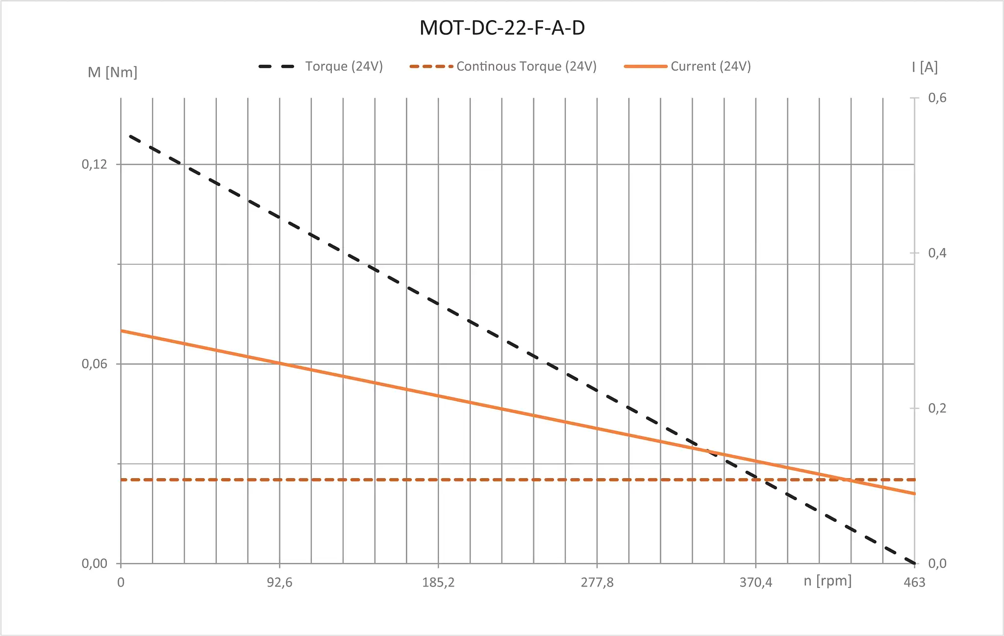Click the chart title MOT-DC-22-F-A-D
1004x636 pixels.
pyautogui.click(x=502, y=28)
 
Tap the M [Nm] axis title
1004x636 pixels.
pyautogui.click(x=112, y=73)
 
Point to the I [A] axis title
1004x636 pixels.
pyautogui.click(x=925, y=67)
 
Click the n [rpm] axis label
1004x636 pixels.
pyautogui.click(x=828, y=581)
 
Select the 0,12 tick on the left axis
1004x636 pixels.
pyautogui.click(x=94, y=164)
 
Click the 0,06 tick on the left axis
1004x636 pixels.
pyautogui.click(x=94, y=364)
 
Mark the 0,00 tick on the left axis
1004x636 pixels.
pyautogui.click(x=94, y=563)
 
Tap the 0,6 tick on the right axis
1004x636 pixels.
pyautogui.click(x=937, y=98)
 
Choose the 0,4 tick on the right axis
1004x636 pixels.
pyautogui.click(x=937, y=253)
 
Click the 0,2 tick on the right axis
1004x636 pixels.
pyautogui.click(x=937, y=408)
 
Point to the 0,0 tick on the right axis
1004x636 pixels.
pyautogui.click(x=937, y=563)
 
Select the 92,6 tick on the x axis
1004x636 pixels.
pyautogui.click(x=279, y=583)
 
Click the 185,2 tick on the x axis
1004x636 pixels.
pyautogui.click(x=438, y=583)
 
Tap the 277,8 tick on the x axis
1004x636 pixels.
pyautogui.click(x=597, y=583)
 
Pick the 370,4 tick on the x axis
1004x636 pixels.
pyautogui.click(x=755, y=583)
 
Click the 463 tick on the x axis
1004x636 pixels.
pyautogui.click(x=914, y=583)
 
